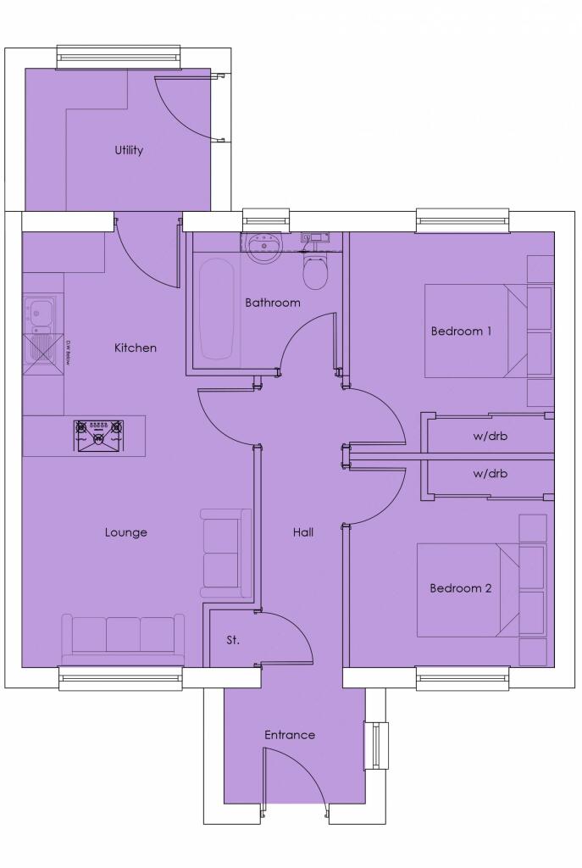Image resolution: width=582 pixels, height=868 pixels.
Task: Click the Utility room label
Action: (x=129, y=150)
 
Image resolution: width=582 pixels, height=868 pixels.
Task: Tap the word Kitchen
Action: (x=136, y=348)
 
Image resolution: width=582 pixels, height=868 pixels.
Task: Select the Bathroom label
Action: (x=273, y=303)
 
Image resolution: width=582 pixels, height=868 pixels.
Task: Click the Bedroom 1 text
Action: (x=461, y=331)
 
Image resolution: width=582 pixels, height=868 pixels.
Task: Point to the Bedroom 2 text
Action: (x=460, y=588)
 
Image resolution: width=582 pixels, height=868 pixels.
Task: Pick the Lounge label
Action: (x=126, y=532)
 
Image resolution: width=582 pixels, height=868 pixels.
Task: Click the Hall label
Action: (x=302, y=532)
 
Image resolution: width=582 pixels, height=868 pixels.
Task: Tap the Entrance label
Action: (x=290, y=735)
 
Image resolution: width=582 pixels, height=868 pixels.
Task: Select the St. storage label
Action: (x=232, y=640)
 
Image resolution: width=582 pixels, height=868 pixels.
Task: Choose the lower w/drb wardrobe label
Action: (x=491, y=474)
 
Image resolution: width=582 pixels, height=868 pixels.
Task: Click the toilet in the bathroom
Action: (x=314, y=270)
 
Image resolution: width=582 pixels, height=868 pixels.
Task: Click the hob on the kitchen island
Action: (x=100, y=435)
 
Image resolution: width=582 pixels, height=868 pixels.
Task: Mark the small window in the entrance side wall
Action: (x=374, y=746)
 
